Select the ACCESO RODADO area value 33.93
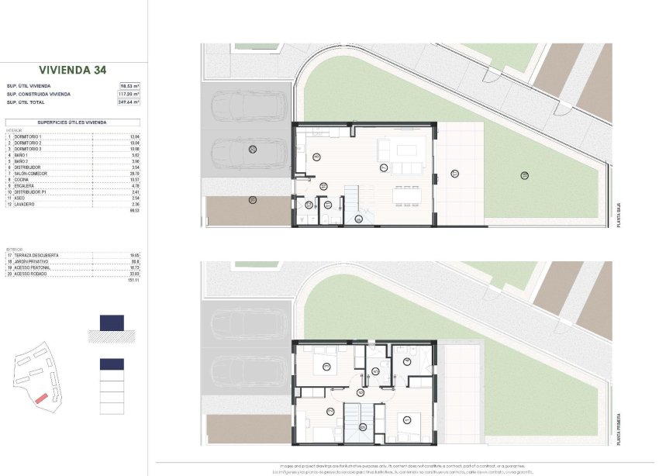133,273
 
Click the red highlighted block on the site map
40,398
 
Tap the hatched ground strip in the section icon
112,336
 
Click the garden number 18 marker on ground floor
525,174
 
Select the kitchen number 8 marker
316,157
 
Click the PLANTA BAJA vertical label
618,212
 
